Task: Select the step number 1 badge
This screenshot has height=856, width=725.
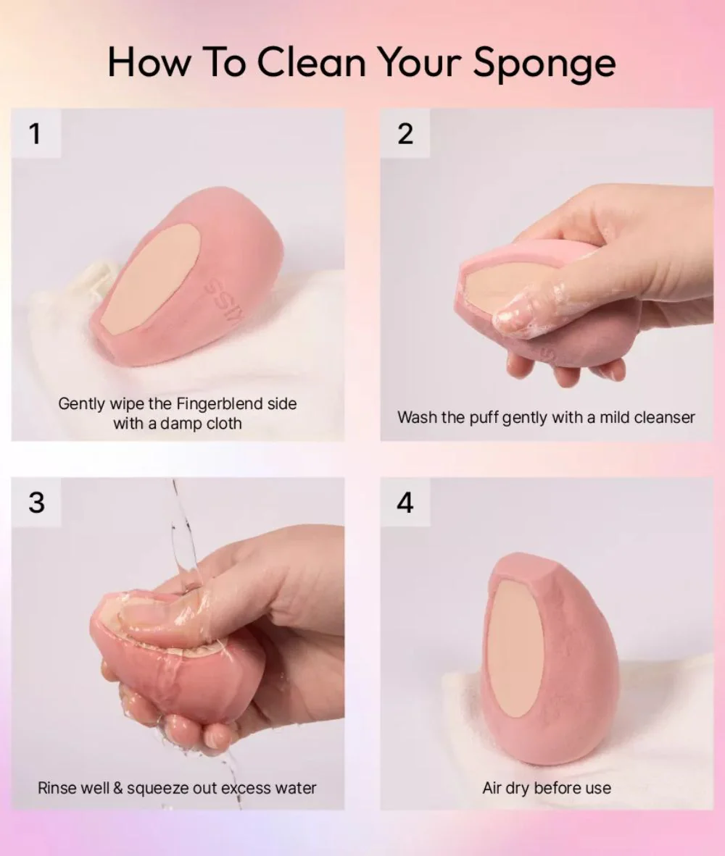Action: tap(36, 133)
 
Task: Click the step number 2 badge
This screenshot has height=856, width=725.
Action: tap(405, 133)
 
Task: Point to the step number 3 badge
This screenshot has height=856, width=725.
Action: tap(36, 503)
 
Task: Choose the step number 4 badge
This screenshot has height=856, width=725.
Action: tap(405, 503)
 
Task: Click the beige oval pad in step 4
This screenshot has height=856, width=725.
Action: tap(515, 647)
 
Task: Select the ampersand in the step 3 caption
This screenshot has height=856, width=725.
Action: tap(117, 789)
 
